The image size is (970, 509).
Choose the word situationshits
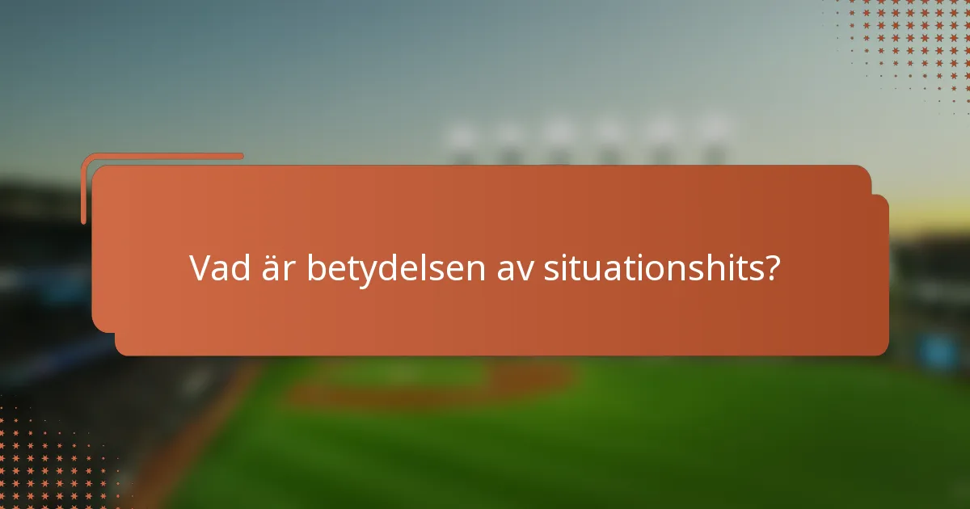click(652, 268)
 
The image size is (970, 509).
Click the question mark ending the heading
click(773, 268)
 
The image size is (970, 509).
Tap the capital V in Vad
click(200, 268)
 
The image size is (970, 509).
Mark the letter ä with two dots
click(273, 269)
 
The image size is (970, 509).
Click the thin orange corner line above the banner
click(162, 156)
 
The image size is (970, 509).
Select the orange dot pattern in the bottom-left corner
click(48, 461)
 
